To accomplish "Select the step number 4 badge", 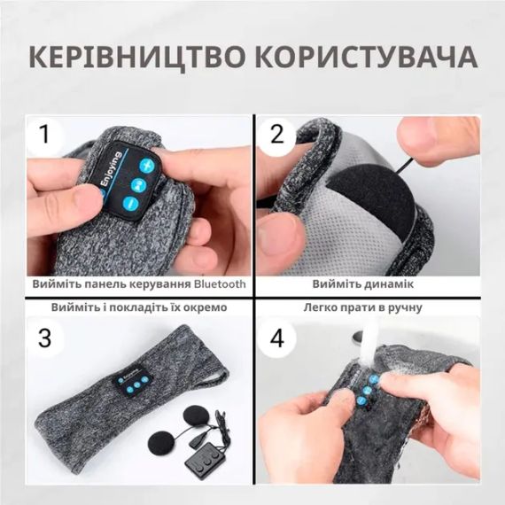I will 278,340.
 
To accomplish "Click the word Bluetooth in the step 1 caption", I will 215,285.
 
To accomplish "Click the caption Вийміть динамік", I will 362,285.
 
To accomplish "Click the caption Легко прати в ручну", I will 362,308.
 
